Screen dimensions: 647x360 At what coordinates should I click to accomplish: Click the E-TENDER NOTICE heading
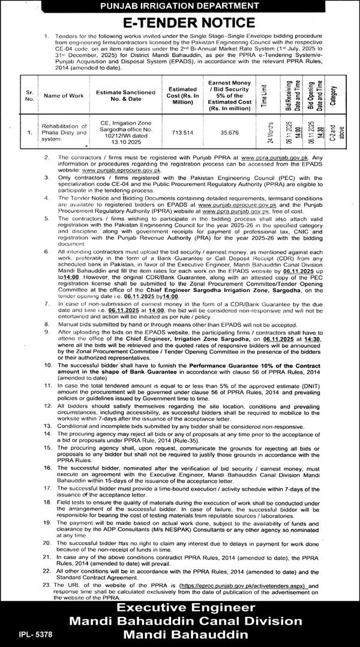pos(180,23)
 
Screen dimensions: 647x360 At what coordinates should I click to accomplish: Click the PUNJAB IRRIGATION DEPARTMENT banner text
pos(180,6)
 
